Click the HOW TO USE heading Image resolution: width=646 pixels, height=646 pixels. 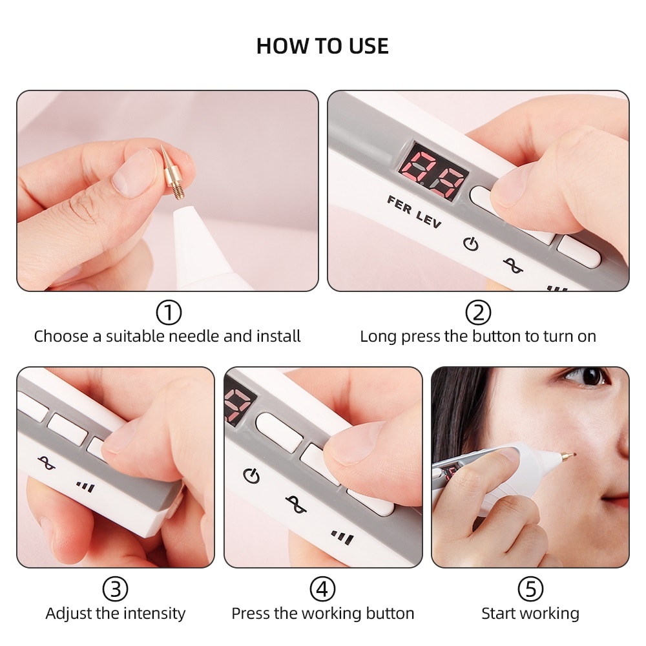(x=322, y=47)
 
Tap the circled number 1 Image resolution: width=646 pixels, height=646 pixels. (x=168, y=313)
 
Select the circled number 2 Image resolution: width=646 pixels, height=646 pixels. (x=477, y=313)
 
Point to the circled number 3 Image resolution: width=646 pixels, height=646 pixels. (x=115, y=589)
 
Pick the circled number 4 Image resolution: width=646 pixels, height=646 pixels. (x=322, y=589)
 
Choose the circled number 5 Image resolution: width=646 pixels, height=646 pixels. (x=530, y=589)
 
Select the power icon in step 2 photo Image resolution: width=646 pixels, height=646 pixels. (x=472, y=244)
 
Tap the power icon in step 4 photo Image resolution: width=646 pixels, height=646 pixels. (x=251, y=476)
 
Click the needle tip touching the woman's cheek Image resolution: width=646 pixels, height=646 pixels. (x=572, y=454)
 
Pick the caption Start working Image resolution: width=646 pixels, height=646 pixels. (x=530, y=613)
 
